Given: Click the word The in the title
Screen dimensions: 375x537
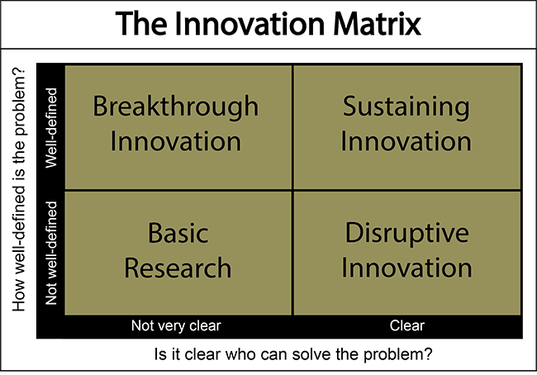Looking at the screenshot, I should point(140,23).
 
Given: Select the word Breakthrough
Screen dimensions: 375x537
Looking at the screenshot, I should point(175,107).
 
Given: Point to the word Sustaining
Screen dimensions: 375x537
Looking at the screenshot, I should point(406,107).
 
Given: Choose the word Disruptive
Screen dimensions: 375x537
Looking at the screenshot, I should point(406,235).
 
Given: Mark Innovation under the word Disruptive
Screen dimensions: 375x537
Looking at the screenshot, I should point(406,268).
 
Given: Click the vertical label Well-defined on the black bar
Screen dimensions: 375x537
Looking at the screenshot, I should point(50,127).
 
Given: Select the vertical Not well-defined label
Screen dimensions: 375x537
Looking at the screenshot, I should point(50,253).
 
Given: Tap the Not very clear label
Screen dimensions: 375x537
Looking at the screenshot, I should point(176,325).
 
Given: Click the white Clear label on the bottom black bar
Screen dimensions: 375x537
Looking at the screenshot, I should point(406,325).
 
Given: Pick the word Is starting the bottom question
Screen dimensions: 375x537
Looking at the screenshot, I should point(159,356).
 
